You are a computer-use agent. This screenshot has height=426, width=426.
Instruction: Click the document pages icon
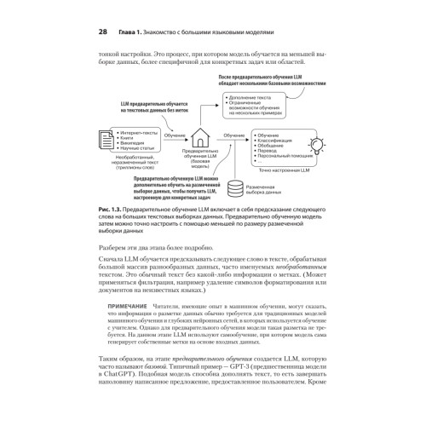tap(103, 137)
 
